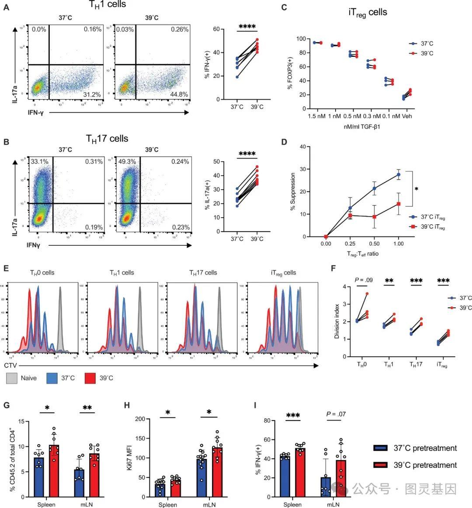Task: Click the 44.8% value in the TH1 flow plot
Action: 180,94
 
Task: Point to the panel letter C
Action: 284,7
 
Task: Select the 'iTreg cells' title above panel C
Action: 368,12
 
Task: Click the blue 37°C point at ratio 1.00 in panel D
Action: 399,174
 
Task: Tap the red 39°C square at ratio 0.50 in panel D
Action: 375,217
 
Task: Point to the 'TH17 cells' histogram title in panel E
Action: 203,273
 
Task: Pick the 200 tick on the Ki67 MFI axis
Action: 142,419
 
